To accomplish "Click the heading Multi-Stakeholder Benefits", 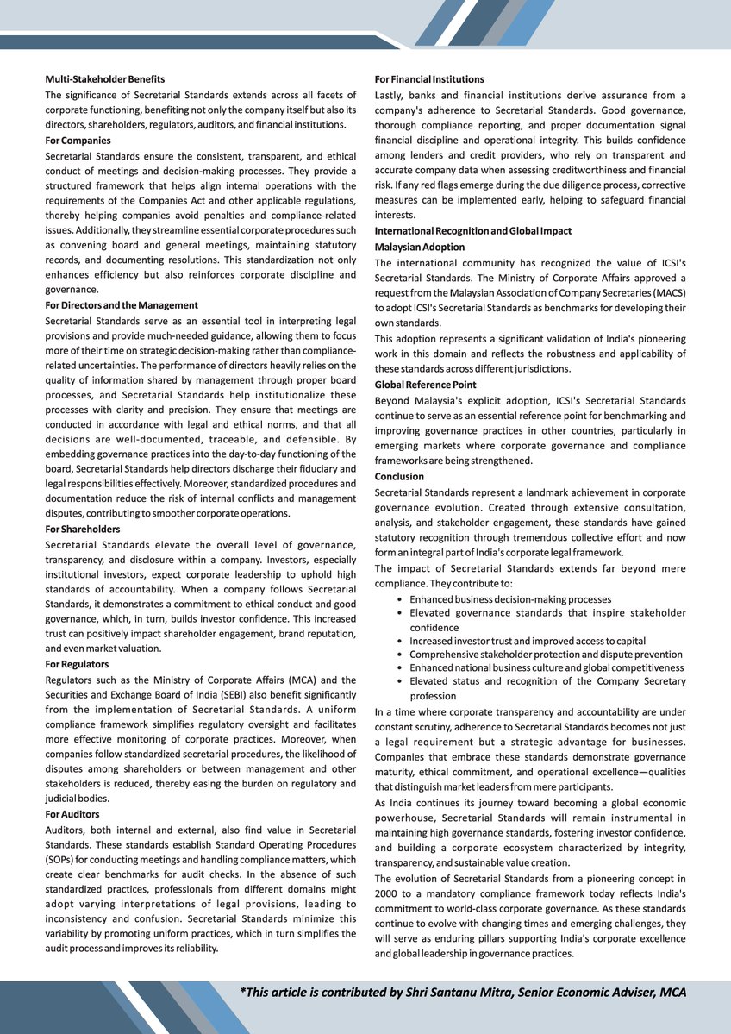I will pos(104,79).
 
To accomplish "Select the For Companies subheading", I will pos(78,140).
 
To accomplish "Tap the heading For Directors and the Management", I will pos(122,305).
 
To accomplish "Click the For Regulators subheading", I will pos(77,664).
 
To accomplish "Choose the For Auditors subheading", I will pos(73,813).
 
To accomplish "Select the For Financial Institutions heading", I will pos(429,79).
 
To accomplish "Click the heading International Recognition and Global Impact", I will pos(472,231).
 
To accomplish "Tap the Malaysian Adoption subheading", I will pos(420,247).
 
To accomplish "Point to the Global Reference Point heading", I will pos(425,385).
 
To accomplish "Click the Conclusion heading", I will pos(399,476).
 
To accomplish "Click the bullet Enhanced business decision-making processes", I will pos(510,599).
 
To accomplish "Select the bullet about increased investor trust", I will pos(527,641).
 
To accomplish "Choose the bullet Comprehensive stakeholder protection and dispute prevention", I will pos(546,655).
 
